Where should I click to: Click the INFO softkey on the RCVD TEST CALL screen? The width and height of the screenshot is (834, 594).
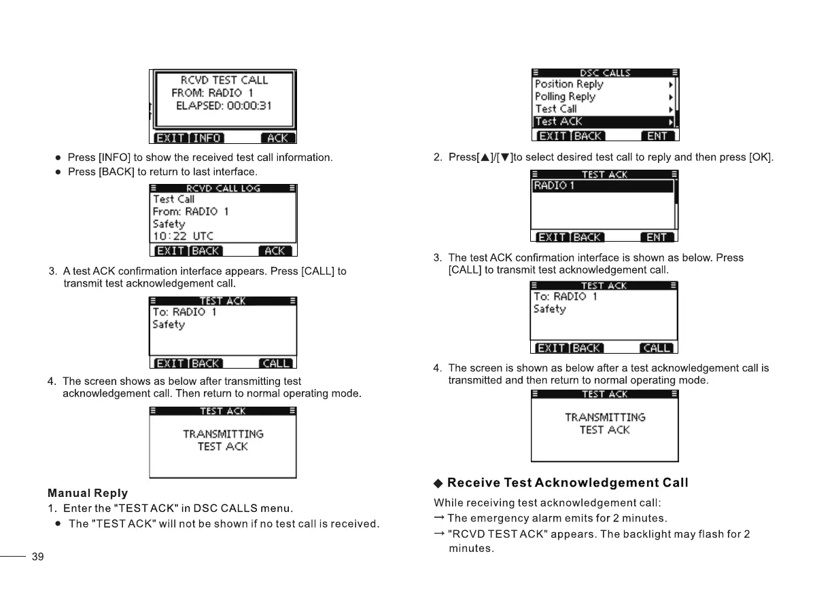pos(207,138)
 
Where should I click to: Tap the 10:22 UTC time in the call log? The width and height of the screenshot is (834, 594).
pos(183,236)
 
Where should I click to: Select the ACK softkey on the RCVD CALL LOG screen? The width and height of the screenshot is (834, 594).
pos(275,250)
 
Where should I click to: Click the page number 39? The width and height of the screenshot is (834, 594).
pos(38,557)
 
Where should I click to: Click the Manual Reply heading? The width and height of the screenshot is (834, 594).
pos(88,493)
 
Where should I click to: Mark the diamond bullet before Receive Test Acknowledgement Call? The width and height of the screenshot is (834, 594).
pos(438,483)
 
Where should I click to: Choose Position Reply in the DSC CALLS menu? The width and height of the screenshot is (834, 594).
pos(569,84)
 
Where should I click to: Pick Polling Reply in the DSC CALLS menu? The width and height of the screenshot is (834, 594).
pos(565,96)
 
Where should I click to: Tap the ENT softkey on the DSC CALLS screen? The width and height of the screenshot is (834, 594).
pos(657,136)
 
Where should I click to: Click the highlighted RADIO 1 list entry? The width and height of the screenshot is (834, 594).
pos(602,186)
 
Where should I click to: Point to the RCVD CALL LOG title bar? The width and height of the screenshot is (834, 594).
pos(223,188)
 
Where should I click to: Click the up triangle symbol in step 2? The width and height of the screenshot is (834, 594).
pos(485,157)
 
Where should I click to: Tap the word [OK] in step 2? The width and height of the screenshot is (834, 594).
pos(760,157)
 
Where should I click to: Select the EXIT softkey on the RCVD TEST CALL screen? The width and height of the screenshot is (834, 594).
pos(170,138)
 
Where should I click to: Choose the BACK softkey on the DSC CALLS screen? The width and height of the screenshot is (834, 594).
pos(589,136)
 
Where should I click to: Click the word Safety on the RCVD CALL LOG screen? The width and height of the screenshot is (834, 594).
pos(169,224)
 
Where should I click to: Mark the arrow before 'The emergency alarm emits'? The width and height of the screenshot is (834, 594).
pos(439,518)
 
